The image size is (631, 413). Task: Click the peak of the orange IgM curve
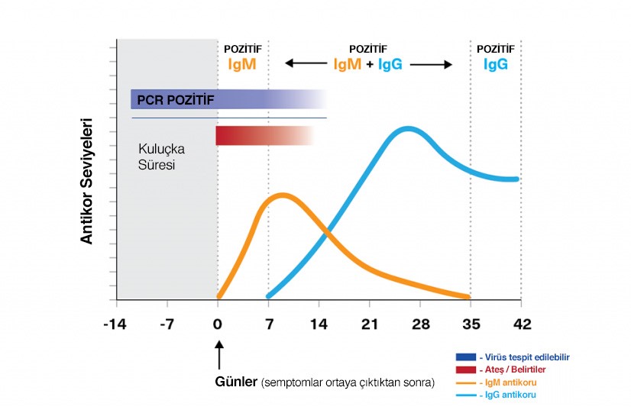point(282,195)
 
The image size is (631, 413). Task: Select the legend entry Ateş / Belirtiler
point(512,369)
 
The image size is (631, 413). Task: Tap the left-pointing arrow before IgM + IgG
point(302,65)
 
